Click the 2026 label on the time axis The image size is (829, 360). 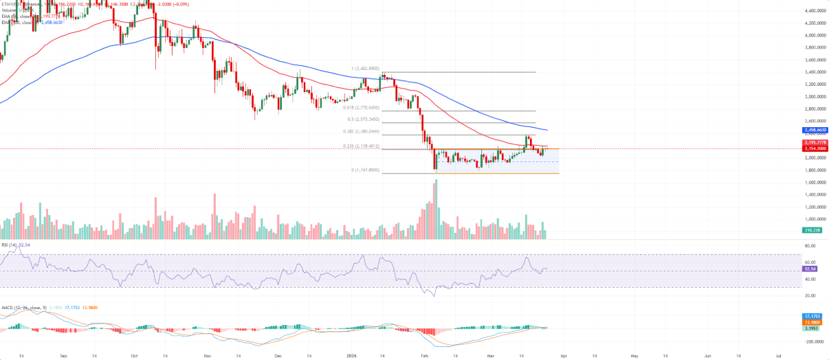pos(352,357)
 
